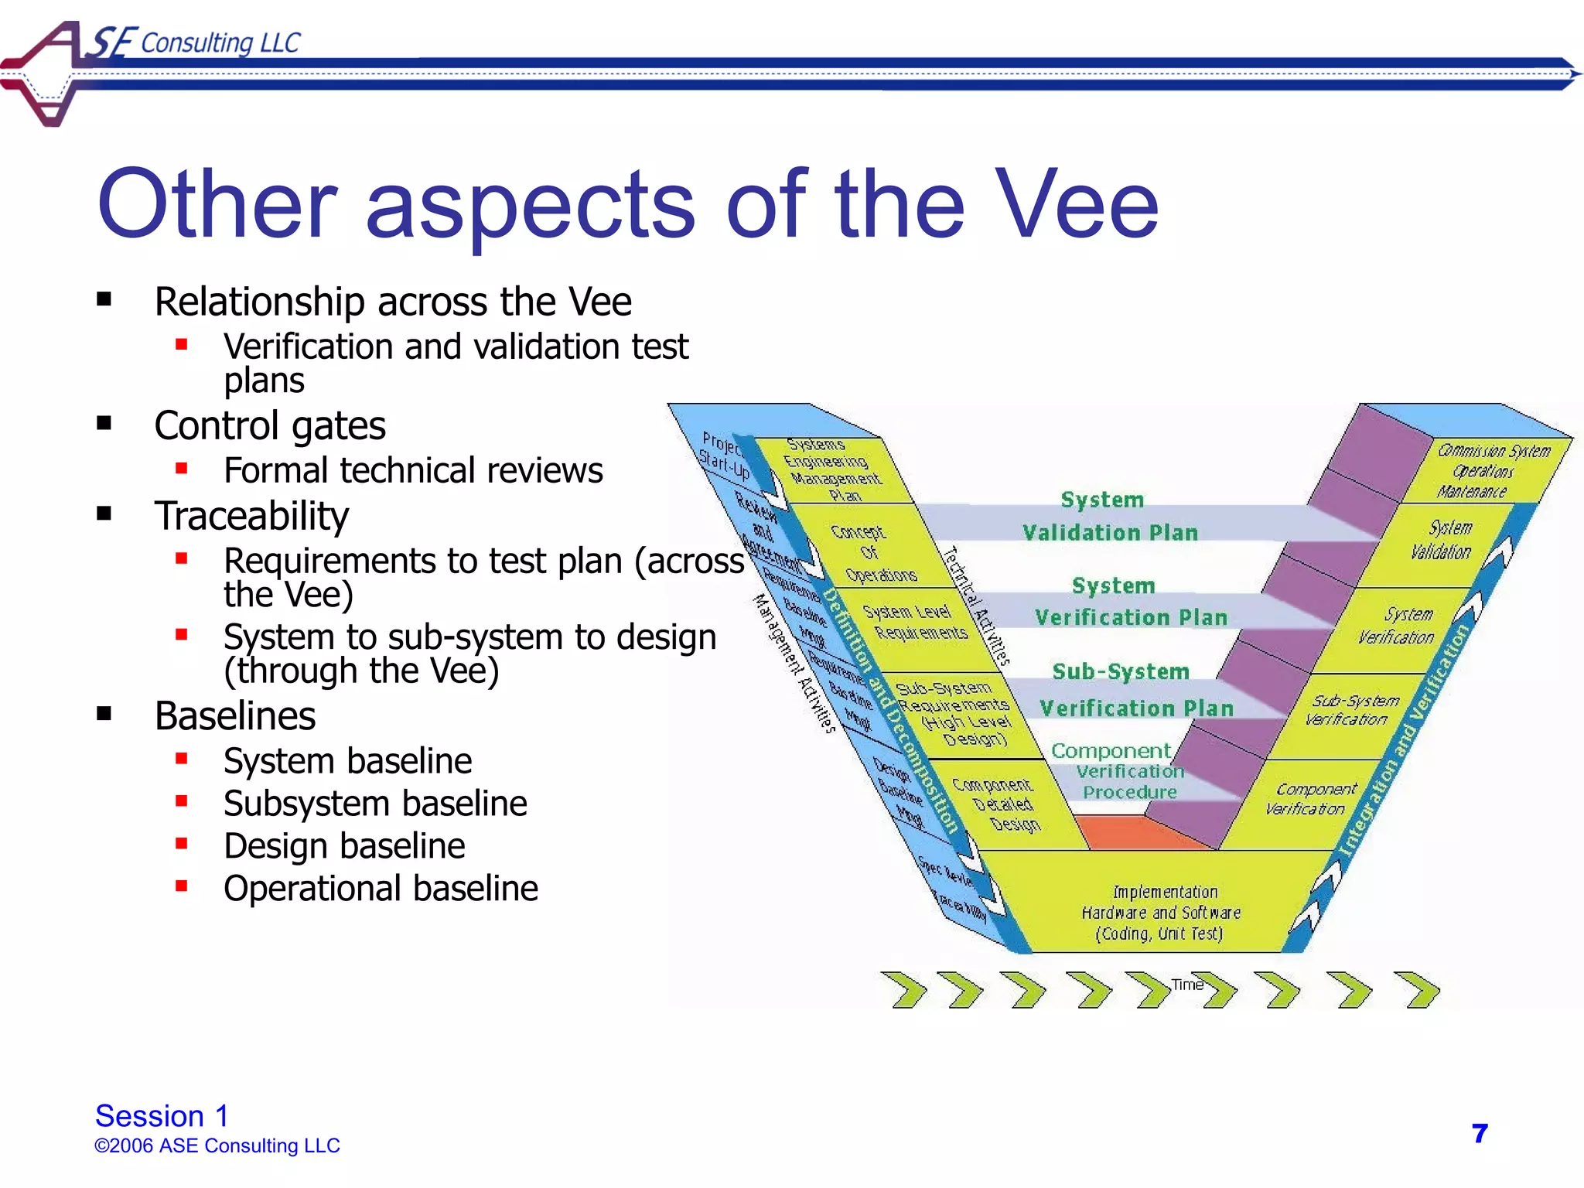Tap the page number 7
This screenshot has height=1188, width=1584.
coord(1480,1133)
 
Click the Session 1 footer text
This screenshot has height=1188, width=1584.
coord(162,1115)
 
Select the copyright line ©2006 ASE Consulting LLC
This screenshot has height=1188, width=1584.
coord(217,1145)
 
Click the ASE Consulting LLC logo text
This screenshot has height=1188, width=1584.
coord(197,43)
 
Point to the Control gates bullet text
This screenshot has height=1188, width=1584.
coord(269,425)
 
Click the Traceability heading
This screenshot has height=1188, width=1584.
coord(251,516)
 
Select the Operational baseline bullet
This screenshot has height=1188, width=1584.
coord(381,888)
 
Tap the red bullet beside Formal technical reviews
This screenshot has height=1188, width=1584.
coord(182,468)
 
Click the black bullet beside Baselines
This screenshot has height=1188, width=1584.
coord(104,713)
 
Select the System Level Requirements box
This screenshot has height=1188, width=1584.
coord(915,623)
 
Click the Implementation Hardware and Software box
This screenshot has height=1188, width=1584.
coord(1160,913)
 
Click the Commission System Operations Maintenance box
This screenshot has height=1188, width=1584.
coord(1485,470)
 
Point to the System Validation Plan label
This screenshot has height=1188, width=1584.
coord(1108,516)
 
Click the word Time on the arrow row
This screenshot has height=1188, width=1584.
coord(1187,985)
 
